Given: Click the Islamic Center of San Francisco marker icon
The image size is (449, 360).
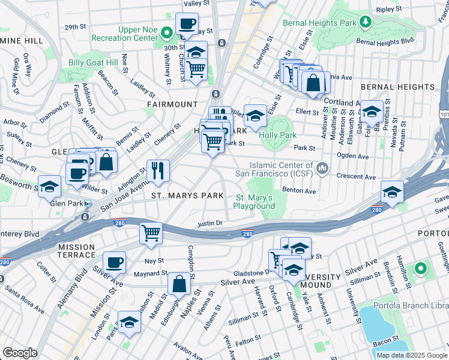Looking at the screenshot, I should click(324, 169).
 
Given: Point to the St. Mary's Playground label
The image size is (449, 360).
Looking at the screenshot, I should click(255, 202).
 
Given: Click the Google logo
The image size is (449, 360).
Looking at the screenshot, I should click(20, 352).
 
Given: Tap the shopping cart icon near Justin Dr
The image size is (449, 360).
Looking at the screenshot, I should click(151, 233).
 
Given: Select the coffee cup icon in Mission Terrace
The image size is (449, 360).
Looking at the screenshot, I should click(114, 262).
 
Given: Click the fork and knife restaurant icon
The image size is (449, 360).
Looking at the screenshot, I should click(157, 170).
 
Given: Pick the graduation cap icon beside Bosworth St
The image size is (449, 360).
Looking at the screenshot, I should click(49, 185).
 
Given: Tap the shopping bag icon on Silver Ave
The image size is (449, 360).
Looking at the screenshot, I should click(179, 284).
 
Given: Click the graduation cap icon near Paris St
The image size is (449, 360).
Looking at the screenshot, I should click(129, 323).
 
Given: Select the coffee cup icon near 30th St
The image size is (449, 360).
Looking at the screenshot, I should click(187, 24).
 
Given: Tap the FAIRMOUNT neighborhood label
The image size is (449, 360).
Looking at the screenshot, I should click(172, 104).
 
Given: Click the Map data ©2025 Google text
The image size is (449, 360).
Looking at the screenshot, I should click(411, 355).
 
